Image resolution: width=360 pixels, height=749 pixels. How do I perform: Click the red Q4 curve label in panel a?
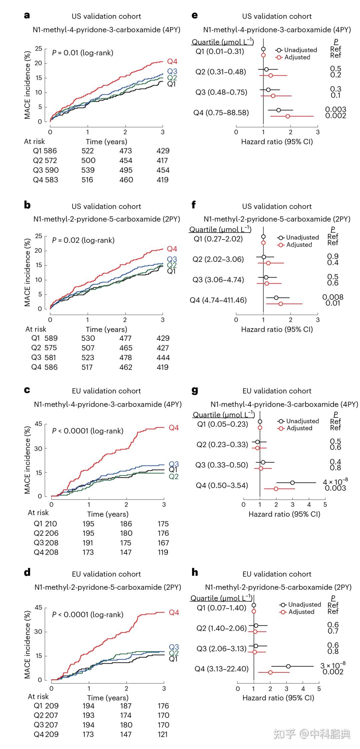click(x=172, y=62)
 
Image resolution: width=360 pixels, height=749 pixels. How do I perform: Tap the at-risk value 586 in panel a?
click(x=50, y=151)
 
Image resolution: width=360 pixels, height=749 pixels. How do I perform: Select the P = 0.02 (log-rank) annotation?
click(x=83, y=240)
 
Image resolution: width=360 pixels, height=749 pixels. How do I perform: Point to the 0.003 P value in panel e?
click(x=336, y=110)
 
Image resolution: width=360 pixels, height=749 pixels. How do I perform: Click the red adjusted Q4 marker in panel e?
click(x=288, y=116)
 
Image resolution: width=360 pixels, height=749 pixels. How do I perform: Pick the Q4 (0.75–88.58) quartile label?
click(x=221, y=113)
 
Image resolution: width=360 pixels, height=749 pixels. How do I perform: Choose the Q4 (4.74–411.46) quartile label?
click(x=218, y=300)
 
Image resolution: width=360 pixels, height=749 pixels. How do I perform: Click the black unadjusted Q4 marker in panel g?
click(x=292, y=482)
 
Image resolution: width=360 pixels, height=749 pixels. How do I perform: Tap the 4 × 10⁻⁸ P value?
click(x=335, y=482)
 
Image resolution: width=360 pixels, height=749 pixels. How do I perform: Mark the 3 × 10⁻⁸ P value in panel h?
click(x=333, y=665)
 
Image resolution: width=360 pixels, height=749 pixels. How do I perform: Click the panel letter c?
click(x=27, y=390)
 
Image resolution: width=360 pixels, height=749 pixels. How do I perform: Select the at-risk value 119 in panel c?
click(x=163, y=552)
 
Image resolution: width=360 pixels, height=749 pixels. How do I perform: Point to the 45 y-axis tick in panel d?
click(x=38, y=607)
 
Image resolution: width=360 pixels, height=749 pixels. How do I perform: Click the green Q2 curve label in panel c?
click(x=174, y=476)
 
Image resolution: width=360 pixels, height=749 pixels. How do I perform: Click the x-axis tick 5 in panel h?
click(x=319, y=688)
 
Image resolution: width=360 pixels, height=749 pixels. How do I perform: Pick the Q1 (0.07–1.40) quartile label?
click(x=221, y=608)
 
